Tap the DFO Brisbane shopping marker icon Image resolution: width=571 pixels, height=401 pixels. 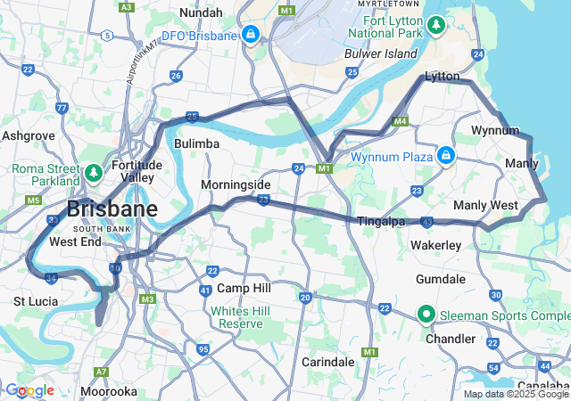pos(251,35)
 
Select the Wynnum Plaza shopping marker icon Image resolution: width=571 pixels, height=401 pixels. pos(445,157)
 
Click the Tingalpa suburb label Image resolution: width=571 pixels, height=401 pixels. pos(382,221)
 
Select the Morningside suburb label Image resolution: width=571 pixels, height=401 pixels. pos(235,184)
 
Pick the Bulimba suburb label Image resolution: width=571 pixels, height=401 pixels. pos(197,143)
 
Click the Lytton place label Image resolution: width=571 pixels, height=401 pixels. pos(442,77)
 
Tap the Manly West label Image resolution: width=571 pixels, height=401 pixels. pos(485,205)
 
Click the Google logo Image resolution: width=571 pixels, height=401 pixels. pos(29,390)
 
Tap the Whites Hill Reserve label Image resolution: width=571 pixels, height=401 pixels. pos(238,317)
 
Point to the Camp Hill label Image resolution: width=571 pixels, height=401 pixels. pos(244,289)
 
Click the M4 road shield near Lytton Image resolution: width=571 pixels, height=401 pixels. pos(400,120)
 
